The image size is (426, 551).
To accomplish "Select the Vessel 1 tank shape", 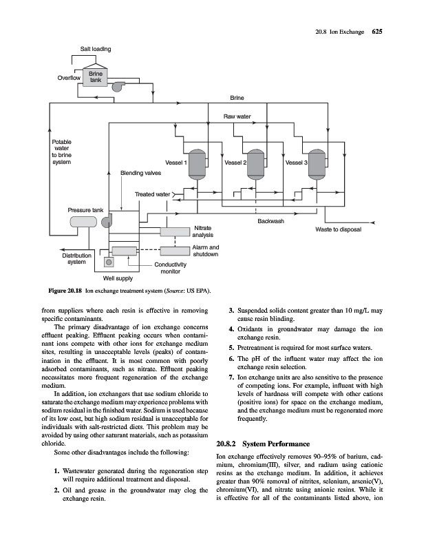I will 198,163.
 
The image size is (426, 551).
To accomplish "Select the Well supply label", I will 118,279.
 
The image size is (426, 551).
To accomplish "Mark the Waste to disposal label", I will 338,229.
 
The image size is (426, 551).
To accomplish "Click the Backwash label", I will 270,221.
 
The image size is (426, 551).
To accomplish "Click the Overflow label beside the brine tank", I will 67,78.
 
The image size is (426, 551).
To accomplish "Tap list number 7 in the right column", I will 231,378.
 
